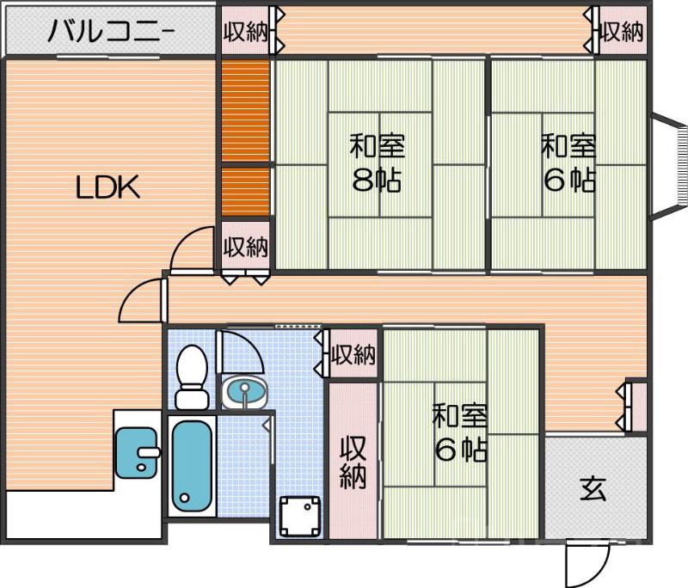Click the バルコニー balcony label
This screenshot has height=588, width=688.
(x=112, y=33)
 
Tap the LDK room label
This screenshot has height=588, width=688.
(x=107, y=187)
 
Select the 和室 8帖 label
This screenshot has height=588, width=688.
(x=378, y=162)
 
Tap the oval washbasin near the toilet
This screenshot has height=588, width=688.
(x=245, y=394)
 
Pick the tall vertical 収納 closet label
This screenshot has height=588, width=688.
(x=353, y=462)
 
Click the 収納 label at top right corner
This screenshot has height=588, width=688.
(x=622, y=32)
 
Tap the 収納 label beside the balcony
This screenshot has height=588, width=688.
(x=245, y=32)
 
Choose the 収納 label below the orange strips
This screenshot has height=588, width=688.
(x=246, y=248)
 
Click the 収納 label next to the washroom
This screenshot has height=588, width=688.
(x=353, y=354)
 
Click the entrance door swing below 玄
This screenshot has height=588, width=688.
(x=581, y=562)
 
